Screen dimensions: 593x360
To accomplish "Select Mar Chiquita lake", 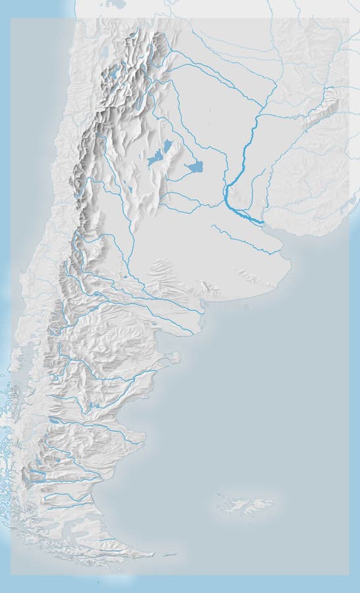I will tap(195, 167).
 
